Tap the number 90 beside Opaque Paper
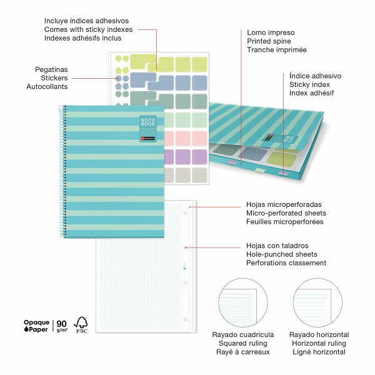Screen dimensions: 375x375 (62, 323)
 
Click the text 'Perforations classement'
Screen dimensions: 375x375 (286, 263)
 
